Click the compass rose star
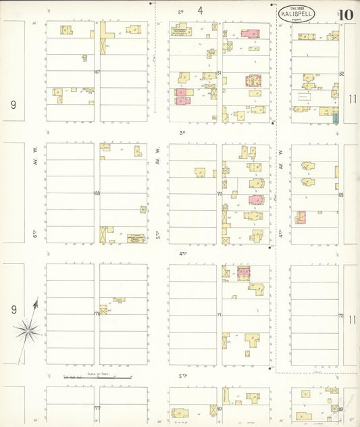[x=28, y=330]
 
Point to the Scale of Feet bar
[x=98, y=377]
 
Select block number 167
[x=97, y=72]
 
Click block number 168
[x=97, y=193]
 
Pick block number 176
[x=97, y=313]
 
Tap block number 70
[x=220, y=193]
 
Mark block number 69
[x=341, y=195]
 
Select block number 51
[x=220, y=72]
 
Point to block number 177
[x=97, y=408]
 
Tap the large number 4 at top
[x=201, y=10]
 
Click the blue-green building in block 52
[x=336, y=118]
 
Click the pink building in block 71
[x=243, y=272]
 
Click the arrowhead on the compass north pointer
[x=36, y=303]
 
